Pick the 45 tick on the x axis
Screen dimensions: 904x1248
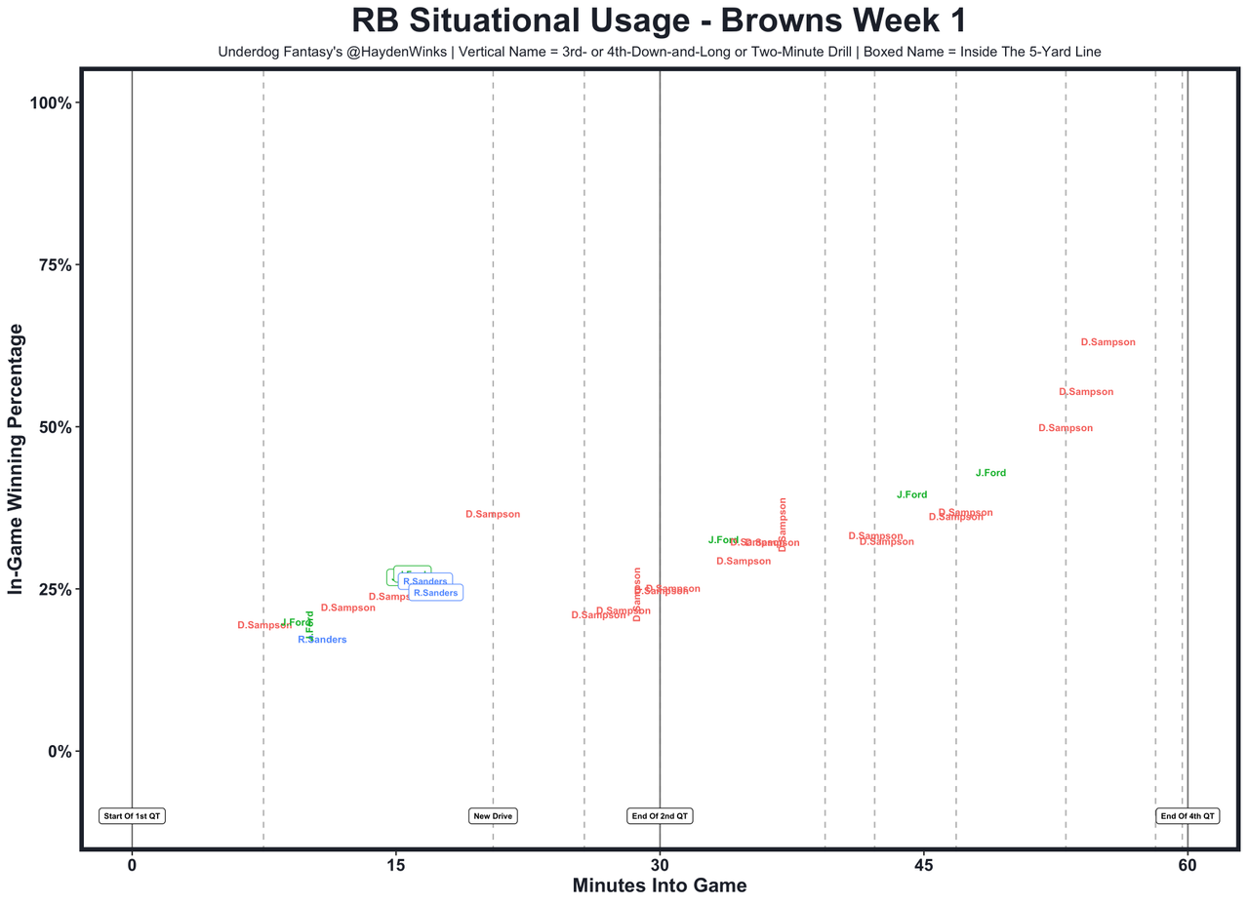pos(923,865)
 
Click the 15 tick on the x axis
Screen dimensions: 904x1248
pos(395,865)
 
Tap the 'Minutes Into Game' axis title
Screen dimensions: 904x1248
pos(659,885)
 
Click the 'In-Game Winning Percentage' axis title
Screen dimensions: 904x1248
pos(17,458)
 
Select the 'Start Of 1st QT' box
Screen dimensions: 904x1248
pos(132,815)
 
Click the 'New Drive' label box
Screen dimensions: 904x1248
pos(493,815)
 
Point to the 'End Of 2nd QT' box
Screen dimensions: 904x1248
pos(660,815)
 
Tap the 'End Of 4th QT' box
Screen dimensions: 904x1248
pos(1187,815)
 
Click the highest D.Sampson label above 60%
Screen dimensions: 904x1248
pos(1107,342)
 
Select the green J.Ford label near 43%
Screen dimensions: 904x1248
pos(990,473)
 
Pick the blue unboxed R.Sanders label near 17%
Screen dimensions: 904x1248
pos(322,640)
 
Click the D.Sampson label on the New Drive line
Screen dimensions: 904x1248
pos(493,514)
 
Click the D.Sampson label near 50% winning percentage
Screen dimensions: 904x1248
pos(1066,428)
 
